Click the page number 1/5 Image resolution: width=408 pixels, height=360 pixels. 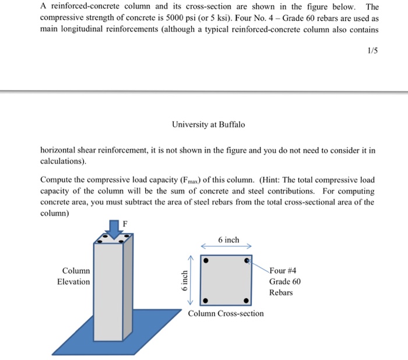point(372,51)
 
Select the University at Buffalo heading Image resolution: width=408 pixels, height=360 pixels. point(209,125)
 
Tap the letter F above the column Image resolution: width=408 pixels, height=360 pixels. point(124,222)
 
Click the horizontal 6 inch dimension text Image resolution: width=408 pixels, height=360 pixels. point(228,240)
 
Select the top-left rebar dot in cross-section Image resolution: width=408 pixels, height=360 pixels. point(206,261)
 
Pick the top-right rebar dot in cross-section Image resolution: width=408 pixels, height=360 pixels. point(246,261)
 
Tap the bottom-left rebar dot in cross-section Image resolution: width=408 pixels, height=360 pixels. point(206,301)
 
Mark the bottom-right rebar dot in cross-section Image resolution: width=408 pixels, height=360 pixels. point(246,301)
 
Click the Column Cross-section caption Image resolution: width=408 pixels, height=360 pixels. point(226,313)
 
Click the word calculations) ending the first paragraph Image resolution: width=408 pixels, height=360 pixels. point(63,160)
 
